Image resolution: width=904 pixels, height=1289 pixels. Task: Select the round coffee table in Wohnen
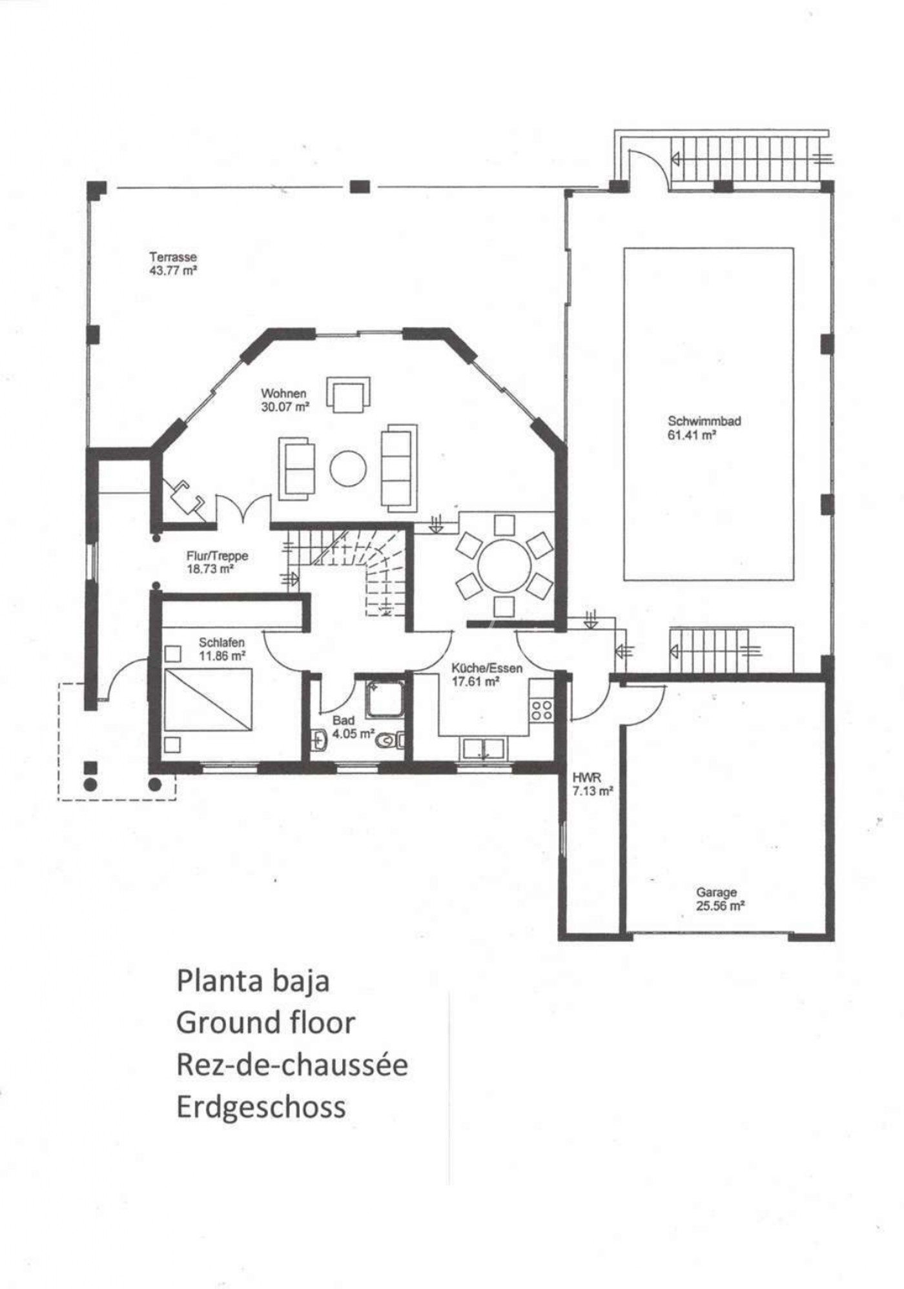pyautogui.click(x=349, y=468)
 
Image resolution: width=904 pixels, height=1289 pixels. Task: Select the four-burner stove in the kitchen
pyautogui.click(x=541, y=711)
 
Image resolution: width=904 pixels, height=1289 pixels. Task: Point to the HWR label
pyautogui.click(x=586, y=778)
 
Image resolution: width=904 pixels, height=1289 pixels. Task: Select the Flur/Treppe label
pyautogui.click(x=217, y=556)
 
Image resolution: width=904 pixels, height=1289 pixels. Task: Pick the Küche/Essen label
pyautogui.click(x=487, y=669)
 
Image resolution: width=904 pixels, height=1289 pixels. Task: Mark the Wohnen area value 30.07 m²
pyautogui.click(x=285, y=407)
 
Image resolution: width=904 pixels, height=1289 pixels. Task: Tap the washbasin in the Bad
pyautogui.click(x=320, y=739)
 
